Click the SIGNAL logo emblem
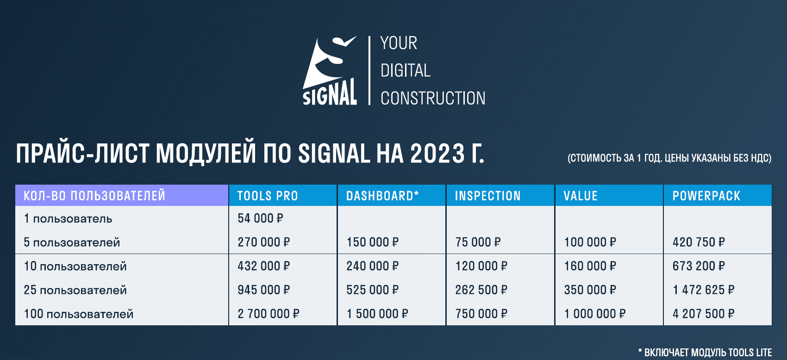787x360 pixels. click(330, 70)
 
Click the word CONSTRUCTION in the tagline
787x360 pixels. click(433, 99)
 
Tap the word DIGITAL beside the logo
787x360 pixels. click(406, 71)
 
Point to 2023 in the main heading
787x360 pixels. click(437, 154)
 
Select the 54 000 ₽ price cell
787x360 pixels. click(260, 218)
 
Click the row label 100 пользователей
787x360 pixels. click(79, 314)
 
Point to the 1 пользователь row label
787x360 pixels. click(68, 218)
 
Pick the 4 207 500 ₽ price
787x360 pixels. click(703, 314)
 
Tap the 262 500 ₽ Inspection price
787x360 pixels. click(481, 290)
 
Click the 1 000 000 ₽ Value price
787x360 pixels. click(595, 314)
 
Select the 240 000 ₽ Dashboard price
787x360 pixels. click(372, 266)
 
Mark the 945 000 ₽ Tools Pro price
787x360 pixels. click(263, 290)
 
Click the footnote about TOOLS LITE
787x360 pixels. click(705, 352)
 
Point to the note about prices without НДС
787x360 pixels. click(670, 158)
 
